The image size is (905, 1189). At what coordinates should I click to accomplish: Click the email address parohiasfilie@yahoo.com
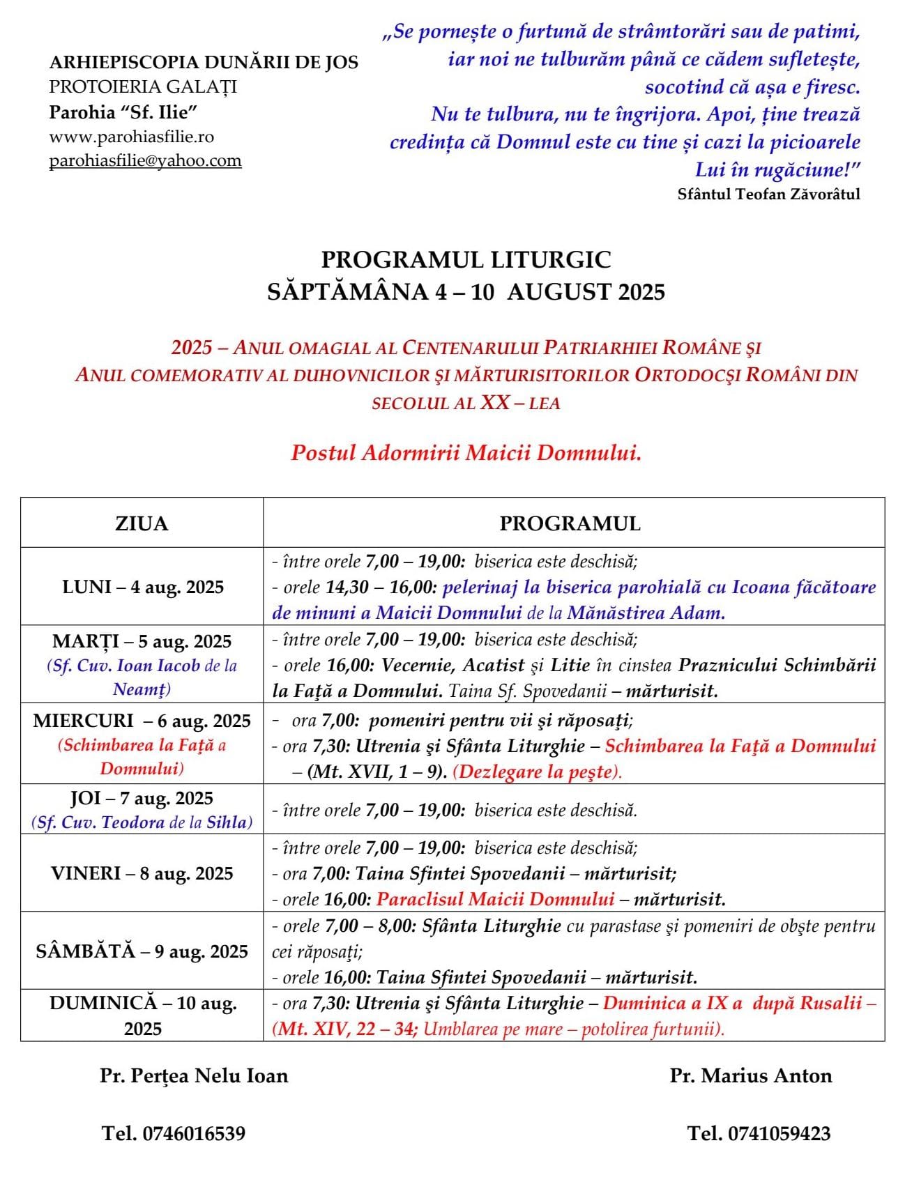pos(145,161)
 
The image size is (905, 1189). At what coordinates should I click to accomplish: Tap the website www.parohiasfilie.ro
pos(131,137)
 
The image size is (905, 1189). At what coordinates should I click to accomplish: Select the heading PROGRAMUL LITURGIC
pos(466,260)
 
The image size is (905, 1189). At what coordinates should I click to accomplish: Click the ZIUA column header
pos(142,523)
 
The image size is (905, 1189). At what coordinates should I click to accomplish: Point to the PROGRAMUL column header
pos(570,523)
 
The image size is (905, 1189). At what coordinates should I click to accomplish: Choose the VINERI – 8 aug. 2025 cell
pos(142,873)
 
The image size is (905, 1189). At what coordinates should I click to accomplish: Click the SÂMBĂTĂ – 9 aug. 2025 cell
pos(142,951)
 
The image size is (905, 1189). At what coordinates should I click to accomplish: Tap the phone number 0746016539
pos(193,1134)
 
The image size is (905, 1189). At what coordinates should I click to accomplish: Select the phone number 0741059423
pos(779,1134)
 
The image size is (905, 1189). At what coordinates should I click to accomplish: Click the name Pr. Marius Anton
pos(751,1076)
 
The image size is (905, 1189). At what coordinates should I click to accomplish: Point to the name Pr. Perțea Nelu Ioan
pos(194,1076)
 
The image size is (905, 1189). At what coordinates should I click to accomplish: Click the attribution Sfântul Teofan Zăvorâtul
pos(768,194)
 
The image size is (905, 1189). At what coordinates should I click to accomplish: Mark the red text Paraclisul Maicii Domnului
pos(495,899)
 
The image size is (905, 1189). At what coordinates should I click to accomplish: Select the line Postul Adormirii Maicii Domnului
pos(466,453)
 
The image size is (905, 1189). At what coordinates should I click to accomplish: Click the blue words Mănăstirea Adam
pos(646,613)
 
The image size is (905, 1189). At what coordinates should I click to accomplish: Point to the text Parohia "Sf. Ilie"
pos(119,112)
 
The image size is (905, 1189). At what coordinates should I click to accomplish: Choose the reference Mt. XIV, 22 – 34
pos(347,1029)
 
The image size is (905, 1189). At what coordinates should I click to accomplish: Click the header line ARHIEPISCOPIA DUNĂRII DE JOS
pos(204,62)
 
